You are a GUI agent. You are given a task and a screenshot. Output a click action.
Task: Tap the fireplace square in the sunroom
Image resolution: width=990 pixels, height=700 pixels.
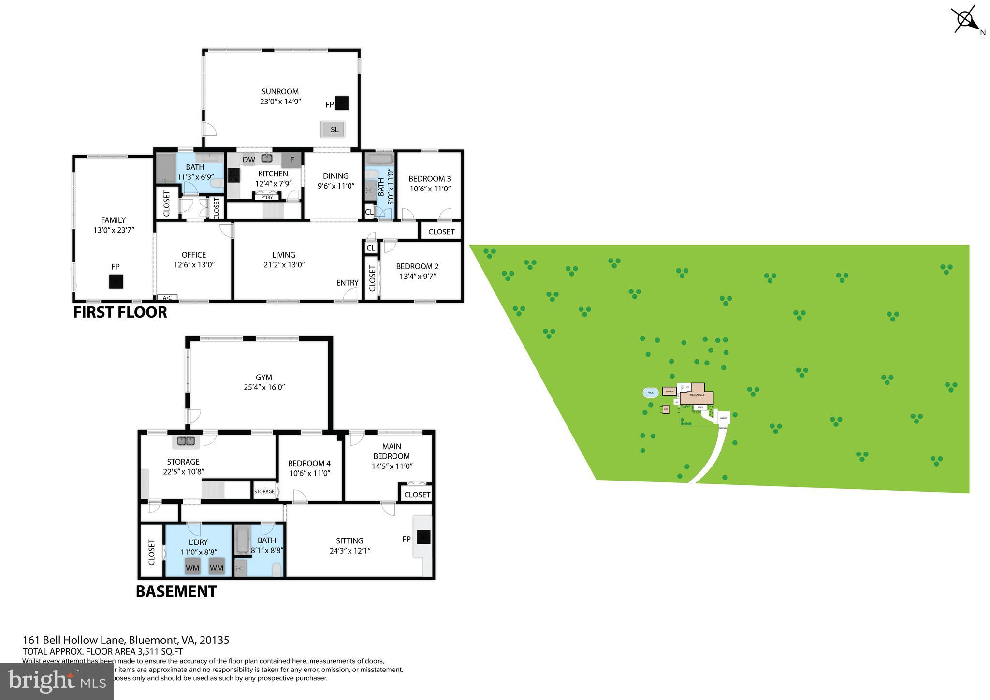pos(342,103)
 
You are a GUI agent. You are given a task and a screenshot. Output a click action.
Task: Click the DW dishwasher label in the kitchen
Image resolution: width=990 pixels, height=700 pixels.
pos(248,160)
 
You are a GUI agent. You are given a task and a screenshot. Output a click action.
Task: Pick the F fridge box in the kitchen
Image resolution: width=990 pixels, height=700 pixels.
pos(292,160)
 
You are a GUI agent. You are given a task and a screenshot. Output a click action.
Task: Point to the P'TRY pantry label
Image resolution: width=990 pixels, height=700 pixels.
pos(267,197)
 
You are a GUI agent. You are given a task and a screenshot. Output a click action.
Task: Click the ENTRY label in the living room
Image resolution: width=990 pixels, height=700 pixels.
pos(347,283)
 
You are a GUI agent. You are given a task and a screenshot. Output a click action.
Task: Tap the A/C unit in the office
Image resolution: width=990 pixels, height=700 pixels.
pos(167,298)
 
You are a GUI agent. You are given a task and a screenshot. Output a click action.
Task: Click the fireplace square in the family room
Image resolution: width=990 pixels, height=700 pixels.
pos(116,281)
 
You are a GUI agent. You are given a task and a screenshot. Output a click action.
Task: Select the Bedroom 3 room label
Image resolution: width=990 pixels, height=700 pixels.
pos(429,179)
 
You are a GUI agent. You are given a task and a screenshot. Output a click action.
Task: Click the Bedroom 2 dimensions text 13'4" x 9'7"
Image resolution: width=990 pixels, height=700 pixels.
pos(417,276)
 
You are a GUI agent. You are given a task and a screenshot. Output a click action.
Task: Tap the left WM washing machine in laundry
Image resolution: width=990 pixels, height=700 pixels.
pos(192,568)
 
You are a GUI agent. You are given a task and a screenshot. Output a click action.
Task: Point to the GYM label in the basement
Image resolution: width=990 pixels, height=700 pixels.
pos(264,378)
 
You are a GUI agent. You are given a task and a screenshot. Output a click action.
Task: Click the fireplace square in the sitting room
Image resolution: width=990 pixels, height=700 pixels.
pos(424,538)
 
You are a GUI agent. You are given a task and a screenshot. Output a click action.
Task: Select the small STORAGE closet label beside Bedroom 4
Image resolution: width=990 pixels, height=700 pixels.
pos(264,492)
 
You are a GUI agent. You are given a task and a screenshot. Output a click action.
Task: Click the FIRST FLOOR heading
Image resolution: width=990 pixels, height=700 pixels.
pos(120,312)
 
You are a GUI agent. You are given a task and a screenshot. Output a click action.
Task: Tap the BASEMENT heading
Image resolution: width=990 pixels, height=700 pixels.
pos(176,592)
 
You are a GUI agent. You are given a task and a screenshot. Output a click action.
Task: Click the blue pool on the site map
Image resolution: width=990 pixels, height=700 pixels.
pos(650,393)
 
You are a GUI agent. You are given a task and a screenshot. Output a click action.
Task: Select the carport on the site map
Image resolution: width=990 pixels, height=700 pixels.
pos(724,418)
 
